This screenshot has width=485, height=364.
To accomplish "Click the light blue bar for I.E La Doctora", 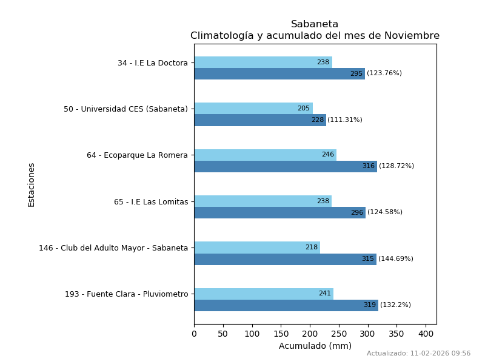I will click(263, 62).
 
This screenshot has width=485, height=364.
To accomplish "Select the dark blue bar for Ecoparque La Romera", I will click(285, 166).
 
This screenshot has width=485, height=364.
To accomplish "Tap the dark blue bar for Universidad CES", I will click(259, 120).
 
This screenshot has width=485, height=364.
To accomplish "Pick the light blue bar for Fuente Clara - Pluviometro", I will click(264, 294).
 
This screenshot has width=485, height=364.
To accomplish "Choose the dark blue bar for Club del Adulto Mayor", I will click(285, 259).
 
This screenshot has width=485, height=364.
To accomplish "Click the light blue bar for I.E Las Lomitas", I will click(263, 201).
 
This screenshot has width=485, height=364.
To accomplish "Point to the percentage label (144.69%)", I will click(396, 259).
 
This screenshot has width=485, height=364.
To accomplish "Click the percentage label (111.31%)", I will click(345, 120).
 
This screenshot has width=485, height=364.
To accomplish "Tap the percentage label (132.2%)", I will click(395, 305).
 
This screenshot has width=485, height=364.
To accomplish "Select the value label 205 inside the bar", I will click(303, 109).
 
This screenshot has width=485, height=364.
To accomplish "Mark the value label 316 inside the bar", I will click(369, 166).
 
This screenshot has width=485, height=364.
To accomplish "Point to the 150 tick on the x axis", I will click(281, 334).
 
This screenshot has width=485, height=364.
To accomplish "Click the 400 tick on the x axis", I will click(426, 334).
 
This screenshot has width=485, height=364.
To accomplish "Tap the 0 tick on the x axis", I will click(194, 334).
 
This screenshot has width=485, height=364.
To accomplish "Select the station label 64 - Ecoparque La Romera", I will click(137, 155).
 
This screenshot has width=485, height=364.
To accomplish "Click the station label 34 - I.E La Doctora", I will click(152, 63).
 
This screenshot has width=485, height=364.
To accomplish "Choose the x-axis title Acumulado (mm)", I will click(315, 346).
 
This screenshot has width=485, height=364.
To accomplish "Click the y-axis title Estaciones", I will click(32, 184).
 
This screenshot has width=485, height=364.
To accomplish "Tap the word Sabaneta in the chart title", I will click(315, 24).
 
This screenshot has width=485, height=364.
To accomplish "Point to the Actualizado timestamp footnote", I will click(418, 354).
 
